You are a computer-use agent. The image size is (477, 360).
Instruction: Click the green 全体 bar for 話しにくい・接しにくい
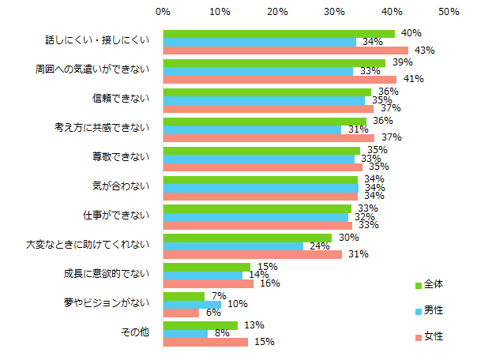[x=279, y=34]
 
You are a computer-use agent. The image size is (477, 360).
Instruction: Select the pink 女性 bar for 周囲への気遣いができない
[x=280, y=79]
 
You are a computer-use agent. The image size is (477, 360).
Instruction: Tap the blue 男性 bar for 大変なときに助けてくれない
[x=233, y=246]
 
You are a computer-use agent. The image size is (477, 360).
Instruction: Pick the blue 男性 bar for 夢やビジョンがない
[x=192, y=304]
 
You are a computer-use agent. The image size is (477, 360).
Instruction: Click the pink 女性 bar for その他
[x=205, y=342]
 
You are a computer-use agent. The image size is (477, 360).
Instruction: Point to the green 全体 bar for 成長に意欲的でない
[x=206, y=267]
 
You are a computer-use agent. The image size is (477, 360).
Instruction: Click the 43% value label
[x=425, y=51]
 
